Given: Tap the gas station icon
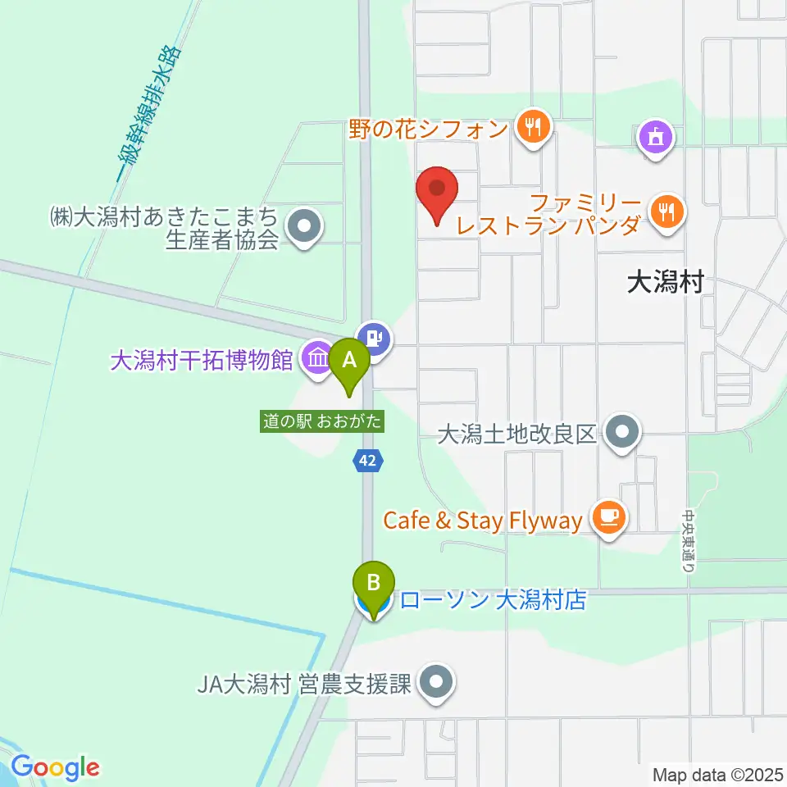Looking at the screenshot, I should click(x=376, y=336).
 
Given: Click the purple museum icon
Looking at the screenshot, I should click(x=316, y=358).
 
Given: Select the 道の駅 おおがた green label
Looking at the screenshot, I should click(x=322, y=421).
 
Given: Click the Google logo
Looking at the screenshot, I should click(x=56, y=767).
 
